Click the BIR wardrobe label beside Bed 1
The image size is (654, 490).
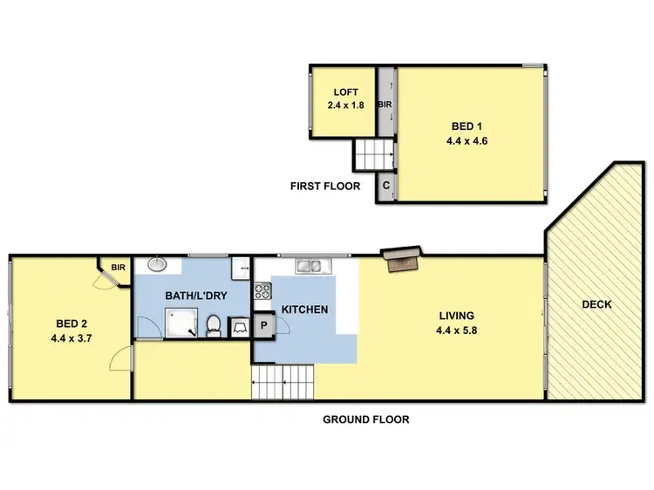click(385, 105)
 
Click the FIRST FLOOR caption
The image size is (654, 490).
click(325, 186)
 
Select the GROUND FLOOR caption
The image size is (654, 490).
click(365, 419)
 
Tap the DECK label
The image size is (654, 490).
click(597, 305)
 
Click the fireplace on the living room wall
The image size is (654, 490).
click(404, 258)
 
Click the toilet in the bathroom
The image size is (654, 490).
click(212, 326)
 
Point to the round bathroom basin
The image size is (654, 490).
click(157, 264)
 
